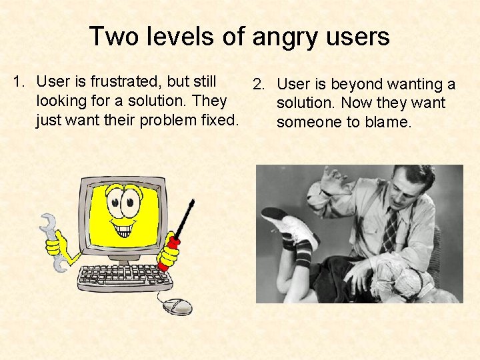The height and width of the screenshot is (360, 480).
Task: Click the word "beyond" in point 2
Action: pos(357,85)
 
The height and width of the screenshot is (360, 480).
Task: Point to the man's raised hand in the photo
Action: pos(333,179)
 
